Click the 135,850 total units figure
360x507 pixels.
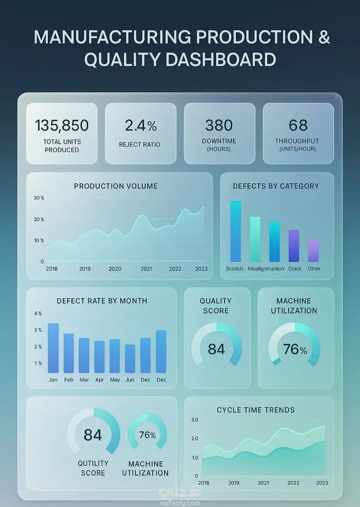62,126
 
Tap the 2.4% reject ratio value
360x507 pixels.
141,126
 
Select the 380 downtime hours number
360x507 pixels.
219,125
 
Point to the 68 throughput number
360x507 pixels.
298,125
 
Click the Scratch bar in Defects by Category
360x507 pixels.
235,231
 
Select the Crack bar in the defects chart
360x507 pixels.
293,246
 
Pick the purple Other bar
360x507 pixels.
314,250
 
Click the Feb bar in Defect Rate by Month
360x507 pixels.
68,353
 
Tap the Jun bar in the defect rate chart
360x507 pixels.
130,358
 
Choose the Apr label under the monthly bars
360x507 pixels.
100,380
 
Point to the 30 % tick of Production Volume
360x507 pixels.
39,198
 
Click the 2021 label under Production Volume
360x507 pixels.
146,269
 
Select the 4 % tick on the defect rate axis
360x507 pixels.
38,313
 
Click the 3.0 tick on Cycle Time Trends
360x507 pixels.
195,419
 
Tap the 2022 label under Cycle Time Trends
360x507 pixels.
293,483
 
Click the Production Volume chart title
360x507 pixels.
116,186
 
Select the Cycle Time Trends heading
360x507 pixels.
256,410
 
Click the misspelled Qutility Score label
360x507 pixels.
93,468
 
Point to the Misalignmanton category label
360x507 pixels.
266,269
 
